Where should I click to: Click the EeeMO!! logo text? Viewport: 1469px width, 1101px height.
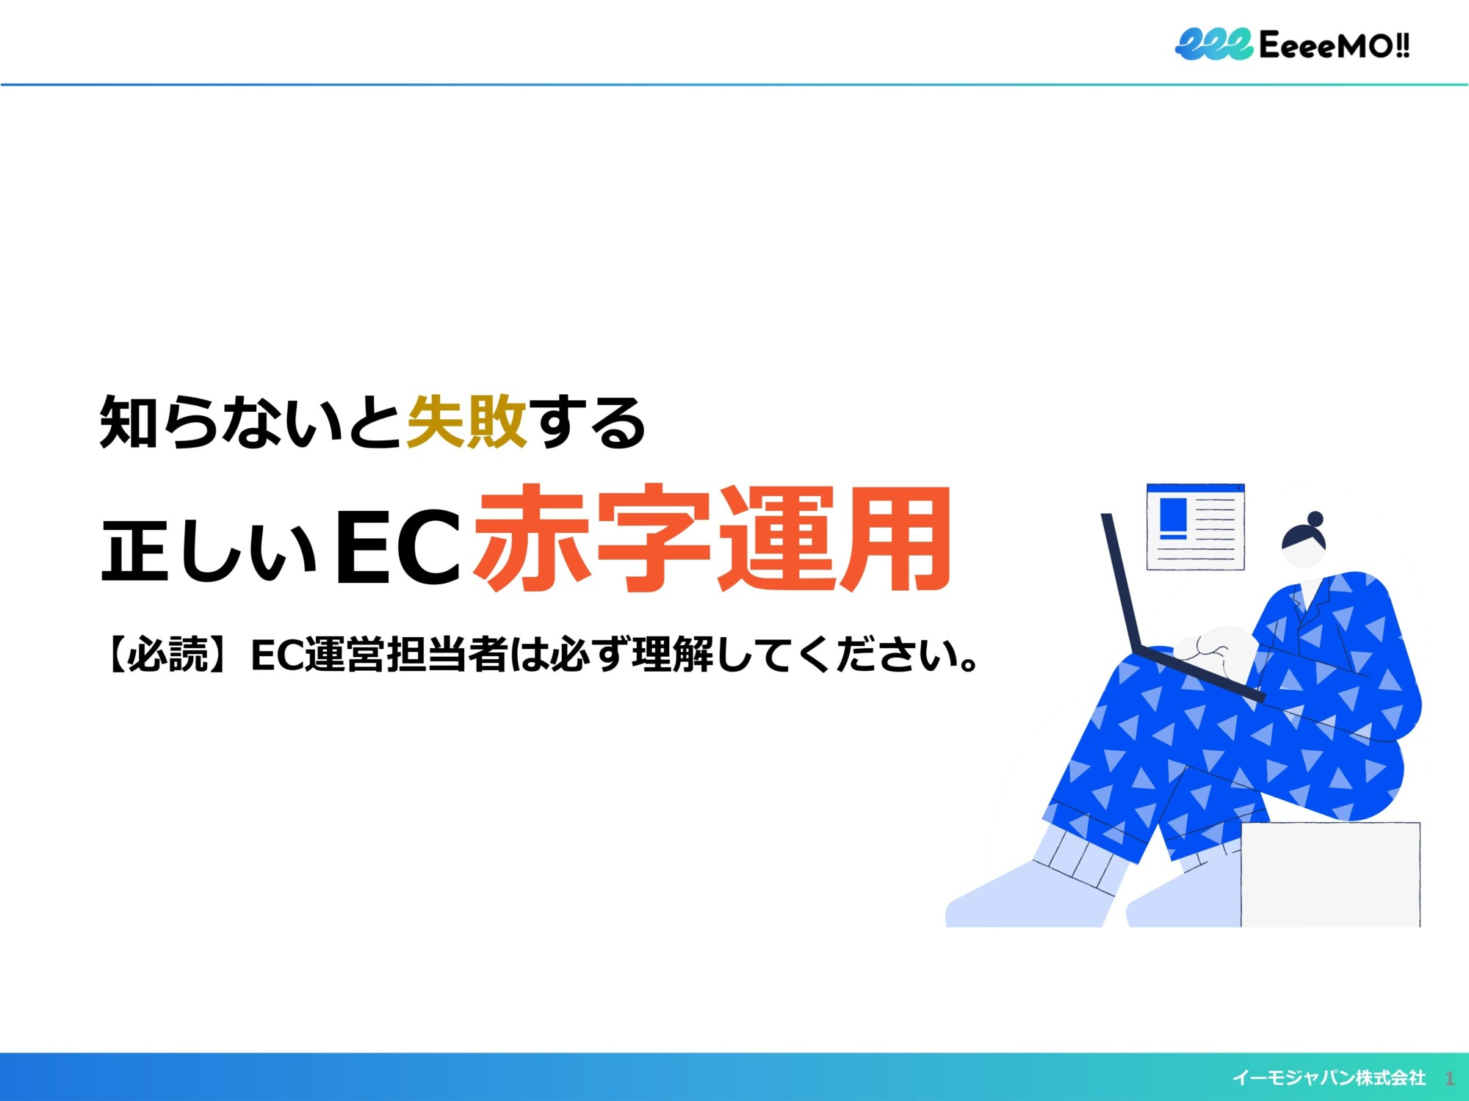click(x=1334, y=46)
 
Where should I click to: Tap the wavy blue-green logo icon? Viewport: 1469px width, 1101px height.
click(x=1214, y=44)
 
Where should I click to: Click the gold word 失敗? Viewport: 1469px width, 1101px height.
click(x=467, y=421)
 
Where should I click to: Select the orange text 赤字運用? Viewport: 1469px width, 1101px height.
click(x=712, y=539)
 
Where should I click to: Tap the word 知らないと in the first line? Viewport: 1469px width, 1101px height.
click(x=250, y=421)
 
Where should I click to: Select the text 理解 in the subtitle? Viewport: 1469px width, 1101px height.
click(x=673, y=655)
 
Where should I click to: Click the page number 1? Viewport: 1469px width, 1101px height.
click(x=1449, y=1078)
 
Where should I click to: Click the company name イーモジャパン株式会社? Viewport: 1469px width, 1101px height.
click(x=1329, y=1078)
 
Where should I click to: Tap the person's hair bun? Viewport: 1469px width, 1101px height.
click(x=1315, y=519)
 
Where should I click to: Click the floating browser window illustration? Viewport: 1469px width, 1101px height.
click(x=1196, y=526)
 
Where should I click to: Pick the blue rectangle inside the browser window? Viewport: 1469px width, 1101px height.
click(x=1173, y=515)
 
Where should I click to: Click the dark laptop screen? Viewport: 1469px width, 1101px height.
click(x=1120, y=584)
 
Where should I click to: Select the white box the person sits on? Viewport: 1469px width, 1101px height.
click(x=1330, y=874)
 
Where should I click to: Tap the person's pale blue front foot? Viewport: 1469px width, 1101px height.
click(x=1028, y=895)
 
